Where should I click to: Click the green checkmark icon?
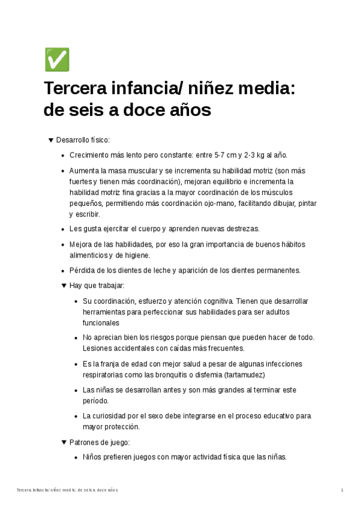[x=57, y=60]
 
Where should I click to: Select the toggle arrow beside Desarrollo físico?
[x=51, y=140]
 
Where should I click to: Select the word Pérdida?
[x=82, y=270]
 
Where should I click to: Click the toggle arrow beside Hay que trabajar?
[x=65, y=286]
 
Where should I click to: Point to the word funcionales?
[x=101, y=322]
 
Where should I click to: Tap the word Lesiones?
[x=97, y=348]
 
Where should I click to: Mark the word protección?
[x=122, y=427]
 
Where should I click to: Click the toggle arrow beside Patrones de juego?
[x=65, y=442]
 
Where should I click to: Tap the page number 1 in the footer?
[x=341, y=490]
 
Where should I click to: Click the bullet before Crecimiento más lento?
[x=64, y=155]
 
